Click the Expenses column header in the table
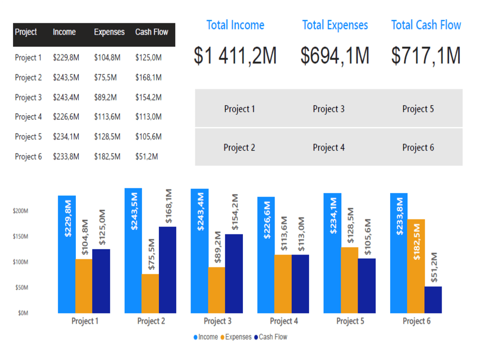tap(109, 32)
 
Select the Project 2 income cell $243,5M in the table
tap(66, 77)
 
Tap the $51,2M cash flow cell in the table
tap(146, 156)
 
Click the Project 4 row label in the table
tap(28, 117)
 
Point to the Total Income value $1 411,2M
tap(235, 56)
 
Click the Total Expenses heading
tap(335, 25)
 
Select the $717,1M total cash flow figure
tap(426, 56)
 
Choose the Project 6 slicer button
tap(418, 147)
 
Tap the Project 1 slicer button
tap(240, 109)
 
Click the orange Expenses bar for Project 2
tap(150, 293)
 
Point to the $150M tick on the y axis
tap(21, 237)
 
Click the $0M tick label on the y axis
tap(23, 313)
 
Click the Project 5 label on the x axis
tap(350, 321)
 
